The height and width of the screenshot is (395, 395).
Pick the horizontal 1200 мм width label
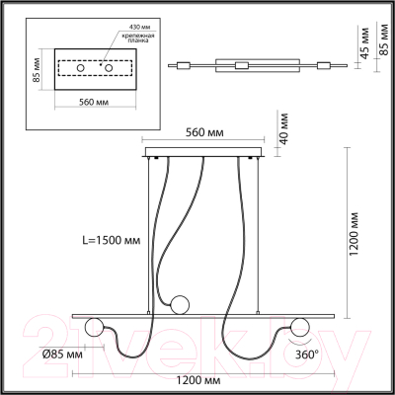tap(205, 379)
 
